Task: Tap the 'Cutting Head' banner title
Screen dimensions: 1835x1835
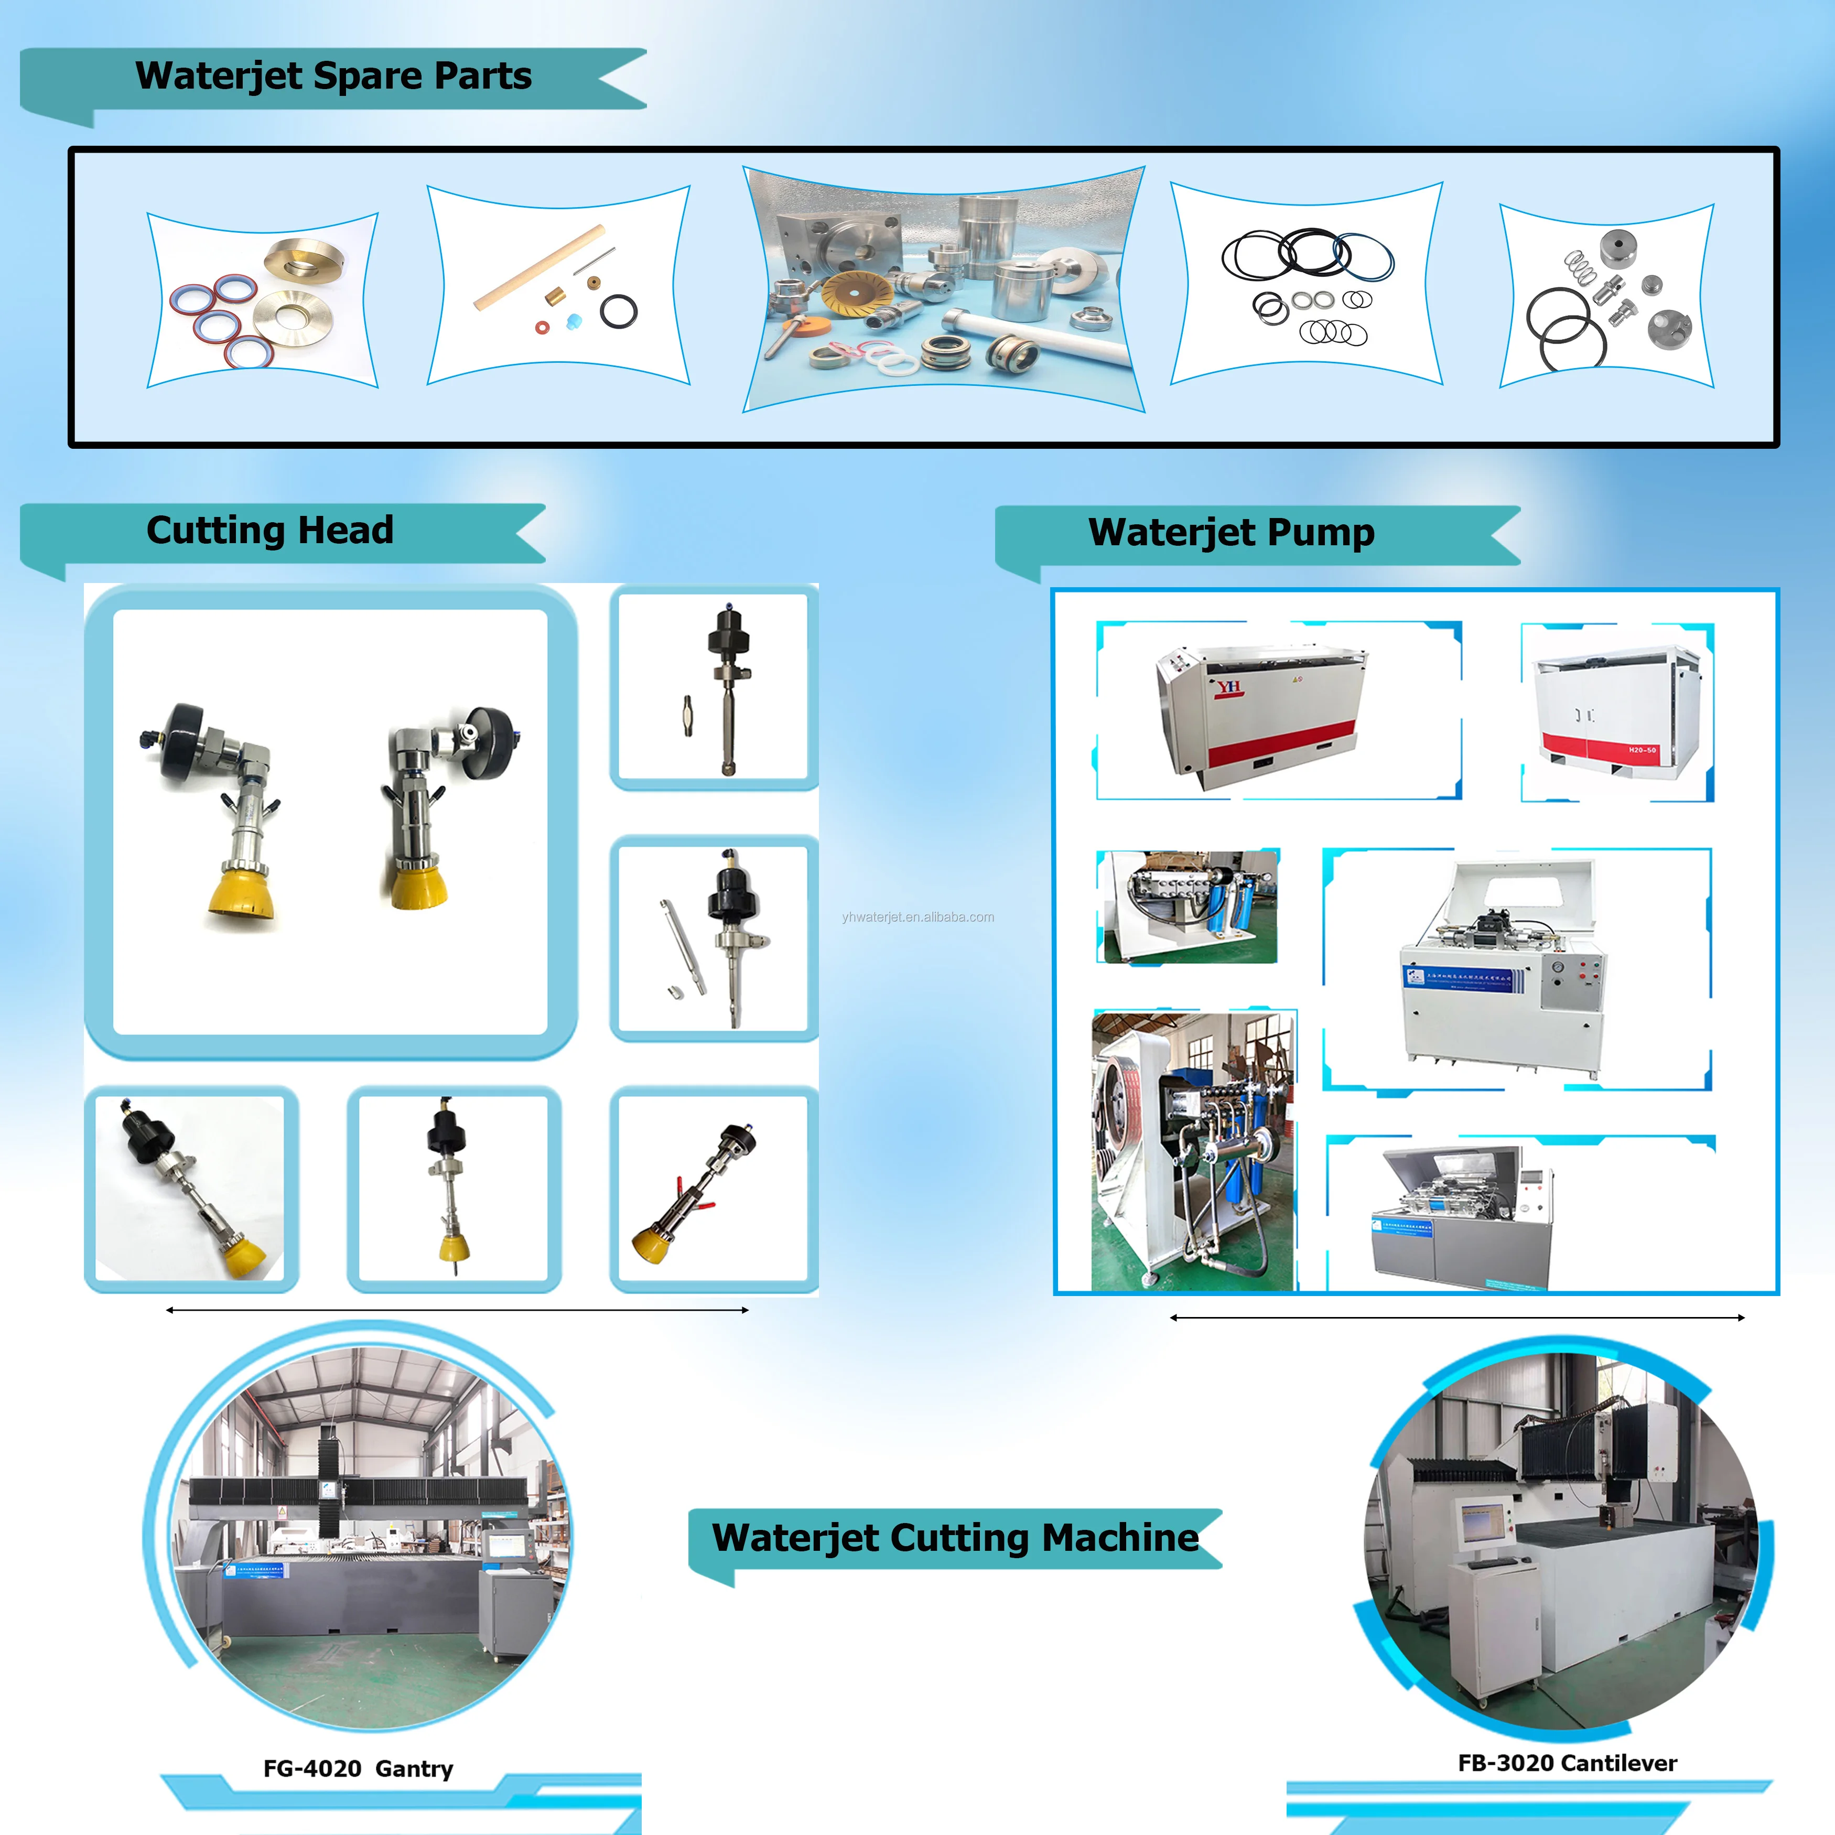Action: tap(269, 530)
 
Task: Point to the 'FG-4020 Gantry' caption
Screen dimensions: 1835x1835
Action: tap(358, 1768)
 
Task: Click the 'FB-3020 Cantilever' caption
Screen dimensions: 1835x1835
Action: tap(1567, 1763)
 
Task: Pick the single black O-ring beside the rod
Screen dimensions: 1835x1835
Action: tap(618, 310)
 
